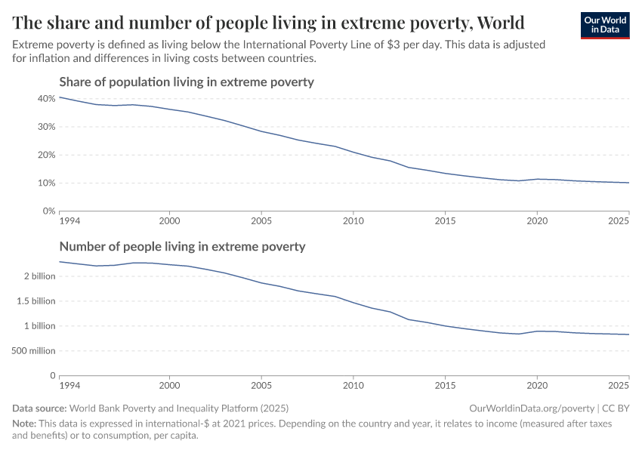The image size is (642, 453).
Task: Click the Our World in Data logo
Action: (604, 25)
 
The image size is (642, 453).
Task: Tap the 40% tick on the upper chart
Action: (46, 99)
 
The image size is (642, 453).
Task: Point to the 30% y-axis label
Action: (46, 127)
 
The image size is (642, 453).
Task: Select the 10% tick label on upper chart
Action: (46, 183)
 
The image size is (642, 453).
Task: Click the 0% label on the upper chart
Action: (48, 211)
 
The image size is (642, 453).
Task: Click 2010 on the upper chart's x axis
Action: (353, 221)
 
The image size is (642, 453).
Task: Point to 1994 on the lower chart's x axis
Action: (69, 386)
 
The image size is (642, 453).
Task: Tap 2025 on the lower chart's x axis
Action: (619, 386)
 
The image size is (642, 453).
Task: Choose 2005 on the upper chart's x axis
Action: (261, 221)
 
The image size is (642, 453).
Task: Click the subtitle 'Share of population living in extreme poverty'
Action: (186, 82)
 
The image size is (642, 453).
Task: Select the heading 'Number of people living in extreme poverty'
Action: (182, 246)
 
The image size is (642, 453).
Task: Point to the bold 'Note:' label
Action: (26, 424)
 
